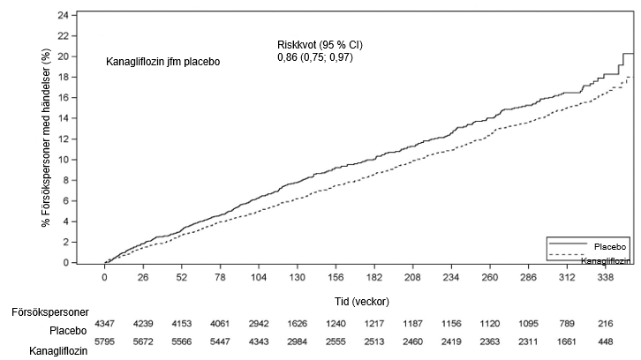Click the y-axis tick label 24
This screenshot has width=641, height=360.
pyautogui.click(x=63, y=16)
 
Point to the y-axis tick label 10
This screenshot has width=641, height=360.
pyautogui.click(x=63, y=160)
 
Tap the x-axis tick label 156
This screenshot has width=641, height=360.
pyautogui.click(x=336, y=277)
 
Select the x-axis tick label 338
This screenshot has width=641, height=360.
pyautogui.click(x=606, y=277)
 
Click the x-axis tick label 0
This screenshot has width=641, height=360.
pyautogui.click(x=105, y=277)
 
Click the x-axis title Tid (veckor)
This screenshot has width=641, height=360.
pyautogui.click(x=362, y=302)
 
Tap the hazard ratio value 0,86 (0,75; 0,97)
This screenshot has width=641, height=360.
pyautogui.click(x=315, y=57)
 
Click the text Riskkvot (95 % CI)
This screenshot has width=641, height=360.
pyautogui.click(x=320, y=44)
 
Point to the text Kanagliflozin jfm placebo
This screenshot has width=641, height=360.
pyautogui.click(x=163, y=62)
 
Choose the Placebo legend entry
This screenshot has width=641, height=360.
pyautogui.click(x=610, y=247)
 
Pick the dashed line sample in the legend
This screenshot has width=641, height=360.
pyautogui.click(x=567, y=255)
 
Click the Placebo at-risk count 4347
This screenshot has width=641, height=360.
pyautogui.click(x=105, y=324)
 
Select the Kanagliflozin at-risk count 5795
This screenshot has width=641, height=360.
pyautogui.click(x=105, y=341)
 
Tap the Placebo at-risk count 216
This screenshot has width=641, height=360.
pyautogui.click(x=606, y=324)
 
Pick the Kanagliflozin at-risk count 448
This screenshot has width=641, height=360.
pyautogui.click(x=606, y=341)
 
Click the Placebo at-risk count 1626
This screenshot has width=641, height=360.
pyautogui.click(x=298, y=324)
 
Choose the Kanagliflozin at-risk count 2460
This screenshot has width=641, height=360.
pyautogui.click(x=413, y=341)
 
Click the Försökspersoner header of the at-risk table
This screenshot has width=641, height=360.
pyautogui.click(x=50, y=312)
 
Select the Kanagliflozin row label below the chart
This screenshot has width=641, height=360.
pyautogui.click(x=58, y=351)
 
